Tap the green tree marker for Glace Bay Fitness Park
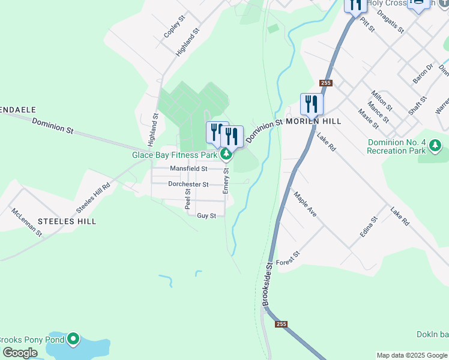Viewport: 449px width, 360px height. click(226, 155)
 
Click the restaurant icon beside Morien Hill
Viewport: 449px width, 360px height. click(312, 104)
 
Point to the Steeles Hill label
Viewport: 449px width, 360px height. click(67, 221)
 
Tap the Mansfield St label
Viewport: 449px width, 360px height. click(188, 169)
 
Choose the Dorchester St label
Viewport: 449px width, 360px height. click(188, 184)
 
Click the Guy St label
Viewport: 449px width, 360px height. click(206, 215)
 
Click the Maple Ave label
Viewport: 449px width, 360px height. click(304, 204)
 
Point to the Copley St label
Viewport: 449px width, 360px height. click(174, 28)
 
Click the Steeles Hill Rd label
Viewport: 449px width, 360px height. click(94, 197)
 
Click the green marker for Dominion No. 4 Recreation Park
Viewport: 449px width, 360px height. click(436, 145)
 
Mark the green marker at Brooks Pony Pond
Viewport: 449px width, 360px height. click(73, 340)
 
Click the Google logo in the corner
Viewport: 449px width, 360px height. click(20, 353)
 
